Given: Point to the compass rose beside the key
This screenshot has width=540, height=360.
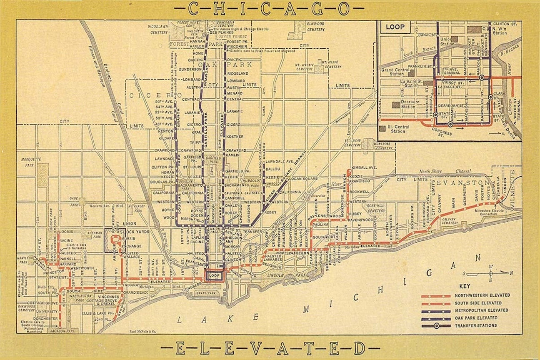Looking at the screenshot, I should (490, 273).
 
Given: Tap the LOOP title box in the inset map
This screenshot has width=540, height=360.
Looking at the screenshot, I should (395, 27).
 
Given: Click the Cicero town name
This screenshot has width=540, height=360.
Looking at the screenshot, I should (148, 96).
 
